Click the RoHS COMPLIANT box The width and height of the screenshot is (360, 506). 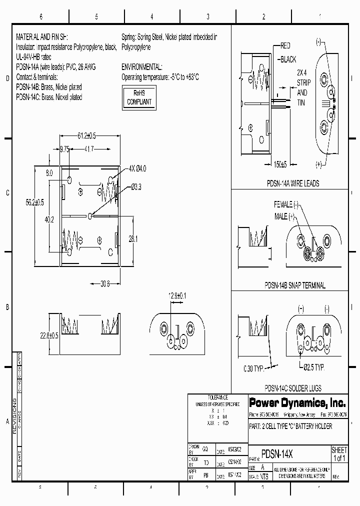click(x=139, y=97)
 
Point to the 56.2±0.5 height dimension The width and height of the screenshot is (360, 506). click(x=35, y=202)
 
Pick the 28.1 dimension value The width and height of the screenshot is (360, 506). click(x=133, y=239)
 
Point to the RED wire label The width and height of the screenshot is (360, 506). click(x=285, y=45)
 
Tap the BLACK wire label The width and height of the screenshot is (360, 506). click(x=288, y=59)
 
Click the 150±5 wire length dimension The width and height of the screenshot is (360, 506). click(x=281, y=164)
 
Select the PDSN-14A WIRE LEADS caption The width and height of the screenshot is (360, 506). click(x=293, y=183)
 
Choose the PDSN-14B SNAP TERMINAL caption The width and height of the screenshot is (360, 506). click(x=295, y=285)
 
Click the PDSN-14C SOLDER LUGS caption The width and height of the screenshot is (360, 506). click(x=293, y=388)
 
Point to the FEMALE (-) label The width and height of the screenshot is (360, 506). click(x=286, y=205)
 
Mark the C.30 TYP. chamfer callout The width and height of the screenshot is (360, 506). click(x=253, y=368)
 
